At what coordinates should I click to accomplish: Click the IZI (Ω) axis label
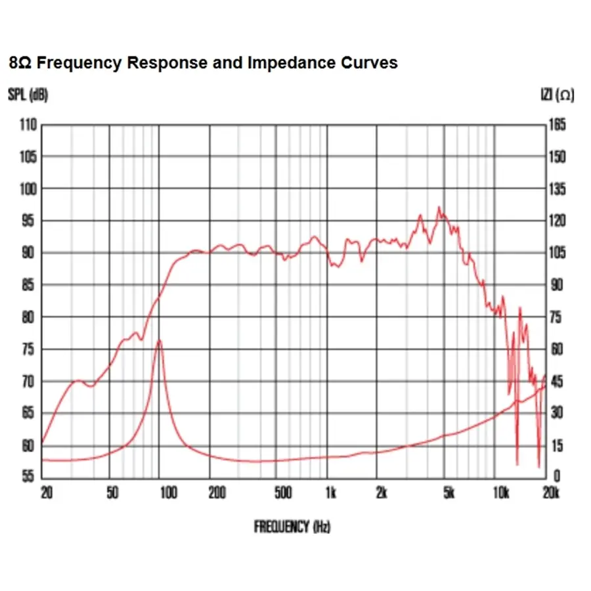[x=556, y=95]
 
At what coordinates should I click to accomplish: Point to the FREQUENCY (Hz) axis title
[x=292, y=526]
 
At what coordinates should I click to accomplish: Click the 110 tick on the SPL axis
[x=28, y=125]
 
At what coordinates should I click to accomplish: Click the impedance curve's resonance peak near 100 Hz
[x=159, y=340]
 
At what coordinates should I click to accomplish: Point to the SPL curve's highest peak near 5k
[x=439, y=208]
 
